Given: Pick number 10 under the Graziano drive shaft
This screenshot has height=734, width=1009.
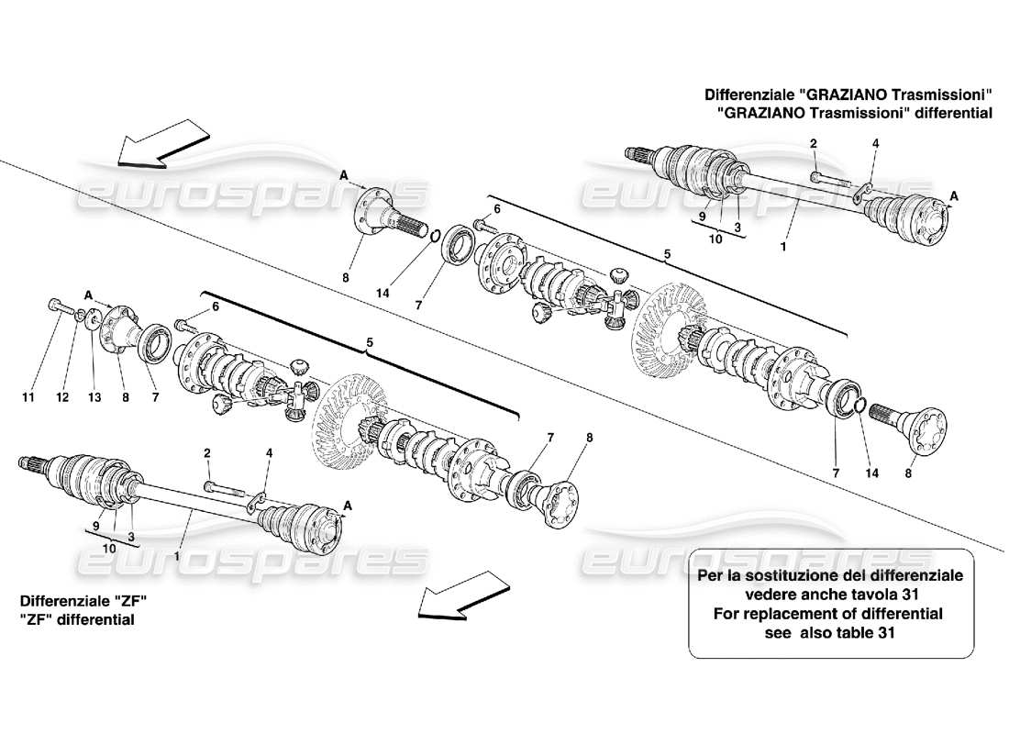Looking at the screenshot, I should point(715,239).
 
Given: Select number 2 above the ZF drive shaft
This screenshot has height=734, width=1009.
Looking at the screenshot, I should point(207,452).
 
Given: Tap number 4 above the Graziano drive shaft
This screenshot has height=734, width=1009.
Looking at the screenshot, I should point(875,143).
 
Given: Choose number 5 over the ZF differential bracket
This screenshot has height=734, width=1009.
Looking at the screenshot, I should point(370,343).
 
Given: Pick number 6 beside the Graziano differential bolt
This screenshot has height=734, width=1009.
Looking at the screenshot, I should point(496,209).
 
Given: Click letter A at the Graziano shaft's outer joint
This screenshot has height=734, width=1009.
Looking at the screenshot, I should point(956,195).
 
